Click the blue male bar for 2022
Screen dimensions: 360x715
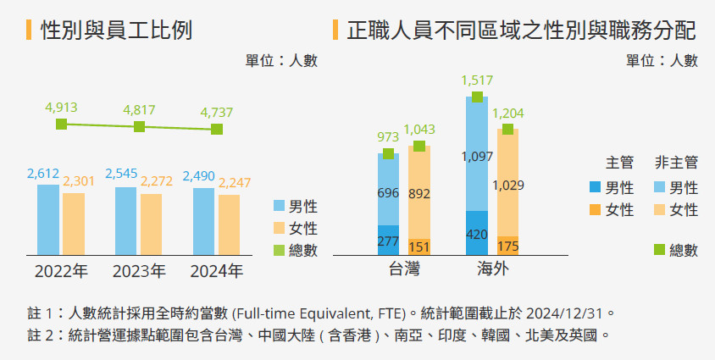tap(48, 219)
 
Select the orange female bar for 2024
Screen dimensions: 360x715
tap(230, 224)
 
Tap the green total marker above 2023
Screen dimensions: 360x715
tap(139, 127)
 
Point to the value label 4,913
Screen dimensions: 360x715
tap(61, 108)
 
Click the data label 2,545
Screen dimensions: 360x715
tap(122, 174)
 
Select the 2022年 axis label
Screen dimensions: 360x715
tap(61, 273)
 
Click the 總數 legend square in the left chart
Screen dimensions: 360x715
tap(280, 250)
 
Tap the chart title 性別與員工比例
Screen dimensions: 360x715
tap(117, 31)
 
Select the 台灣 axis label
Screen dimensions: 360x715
tap(403, 273)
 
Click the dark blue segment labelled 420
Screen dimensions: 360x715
tap(477, 232)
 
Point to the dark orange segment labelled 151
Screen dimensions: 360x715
tap(418, 246)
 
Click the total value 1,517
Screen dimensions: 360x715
tap(477, 80)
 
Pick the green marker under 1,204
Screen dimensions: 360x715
tap(507, 129)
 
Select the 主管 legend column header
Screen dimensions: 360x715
tap(620, 162)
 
